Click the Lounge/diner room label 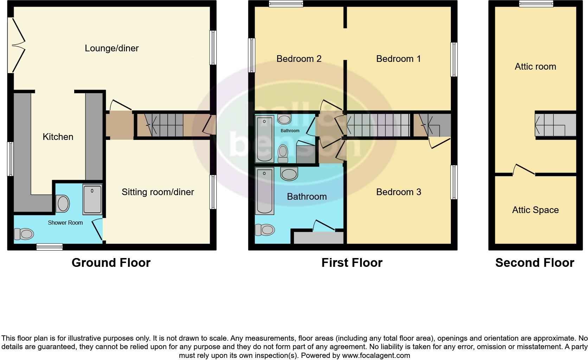click(111, 48)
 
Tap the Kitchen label click(58, 137)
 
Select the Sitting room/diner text click(158, 192)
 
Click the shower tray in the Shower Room click(92, 199)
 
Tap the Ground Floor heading click(111, 263)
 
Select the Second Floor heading click(534, 263)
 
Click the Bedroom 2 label click(299, 59)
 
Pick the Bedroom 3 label click(398, 192)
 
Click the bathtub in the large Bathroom click(265, 191)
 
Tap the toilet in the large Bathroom click(264, 230)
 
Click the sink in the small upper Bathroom click(284, 120)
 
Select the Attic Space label click(535, 210)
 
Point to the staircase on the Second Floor click(555, 124)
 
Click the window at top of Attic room click(536, 4)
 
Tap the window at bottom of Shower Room click(50, 247)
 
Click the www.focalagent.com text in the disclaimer click(376, 355)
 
